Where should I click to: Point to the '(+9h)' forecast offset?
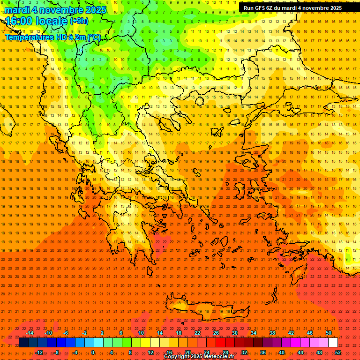click(x=78, y=21)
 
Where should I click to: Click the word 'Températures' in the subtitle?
click(x=27, y=37)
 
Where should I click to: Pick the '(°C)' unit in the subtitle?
click(x=94, y=37)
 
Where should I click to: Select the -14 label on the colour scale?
click(x=30, y=333)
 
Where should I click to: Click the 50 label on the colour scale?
click(x=329, y=333)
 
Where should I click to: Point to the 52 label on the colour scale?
click(x=338, y=352)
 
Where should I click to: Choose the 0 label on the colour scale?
click(x=93, y=352)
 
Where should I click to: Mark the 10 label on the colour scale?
click(x=141, y=333)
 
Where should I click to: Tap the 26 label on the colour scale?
click(x=216, y=333)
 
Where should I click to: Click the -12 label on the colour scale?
click(x=39, y=352)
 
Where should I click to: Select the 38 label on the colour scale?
click(x=272, y=333)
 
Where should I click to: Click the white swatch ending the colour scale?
click(x=333, y=343)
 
